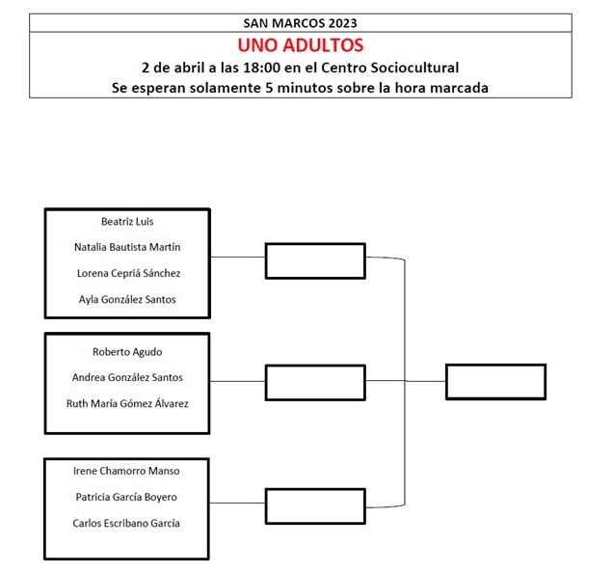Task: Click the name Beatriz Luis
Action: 127,222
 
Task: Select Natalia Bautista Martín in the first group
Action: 127,247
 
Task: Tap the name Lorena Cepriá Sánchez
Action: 128,273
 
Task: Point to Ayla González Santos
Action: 127,299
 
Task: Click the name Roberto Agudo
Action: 127,352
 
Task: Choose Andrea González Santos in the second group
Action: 127,377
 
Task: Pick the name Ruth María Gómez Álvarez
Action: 127,403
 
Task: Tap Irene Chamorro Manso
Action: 126,471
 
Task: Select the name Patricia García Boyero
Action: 126,497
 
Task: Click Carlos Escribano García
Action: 126,523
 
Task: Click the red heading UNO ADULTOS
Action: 301,45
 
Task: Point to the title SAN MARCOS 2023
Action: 301,23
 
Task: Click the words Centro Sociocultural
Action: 389,68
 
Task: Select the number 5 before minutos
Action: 269,88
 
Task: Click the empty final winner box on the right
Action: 495,382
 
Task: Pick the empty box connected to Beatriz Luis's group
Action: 315,261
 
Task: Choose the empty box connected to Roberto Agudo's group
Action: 315,382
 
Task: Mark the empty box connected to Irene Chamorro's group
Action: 315,506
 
